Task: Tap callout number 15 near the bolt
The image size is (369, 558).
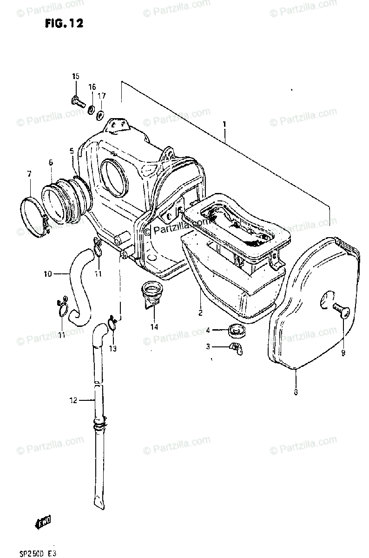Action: [x=75, y=76]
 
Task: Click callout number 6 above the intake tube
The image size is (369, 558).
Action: [x=50, y=162]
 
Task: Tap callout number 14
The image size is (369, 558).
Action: [x=154, y=326]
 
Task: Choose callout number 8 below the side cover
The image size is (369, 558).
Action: [x=296, y=392]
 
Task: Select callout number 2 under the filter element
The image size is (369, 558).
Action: [x=200, y=312]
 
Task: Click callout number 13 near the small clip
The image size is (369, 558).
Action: [x=112, y=348]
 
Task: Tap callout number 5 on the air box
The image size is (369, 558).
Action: [x=72, y=151]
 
